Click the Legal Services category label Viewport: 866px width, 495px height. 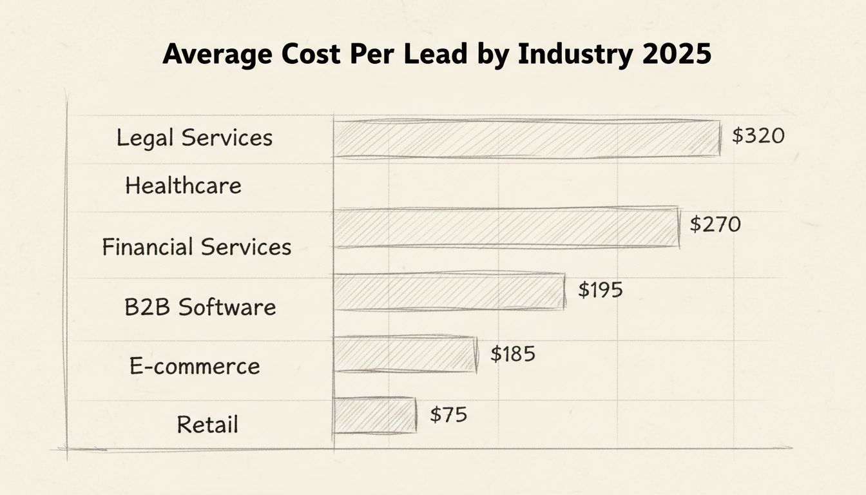tap(195, 138)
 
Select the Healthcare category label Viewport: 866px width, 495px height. tap(183, 186)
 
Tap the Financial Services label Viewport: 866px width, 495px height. tap(197, 247)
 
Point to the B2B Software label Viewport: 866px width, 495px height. tap(200, 307)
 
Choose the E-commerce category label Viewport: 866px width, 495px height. tap(195, 366)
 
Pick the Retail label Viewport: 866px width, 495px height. tap(207, 425)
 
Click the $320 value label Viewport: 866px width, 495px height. tap(758, 136)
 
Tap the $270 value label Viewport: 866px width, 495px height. tap(715, 224)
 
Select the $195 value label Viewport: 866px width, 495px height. tap(600, 290)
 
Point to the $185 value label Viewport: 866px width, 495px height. tap(512, 354)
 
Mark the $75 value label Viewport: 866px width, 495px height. tap(448, 414)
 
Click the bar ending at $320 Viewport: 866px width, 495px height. tap(526, 139)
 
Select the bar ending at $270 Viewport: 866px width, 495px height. tap(506, 228)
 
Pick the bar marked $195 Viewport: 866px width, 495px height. tap(448, 292)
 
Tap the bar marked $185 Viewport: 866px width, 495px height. tap(405, 354)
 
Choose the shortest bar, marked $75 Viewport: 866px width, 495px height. tap(374, 415)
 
